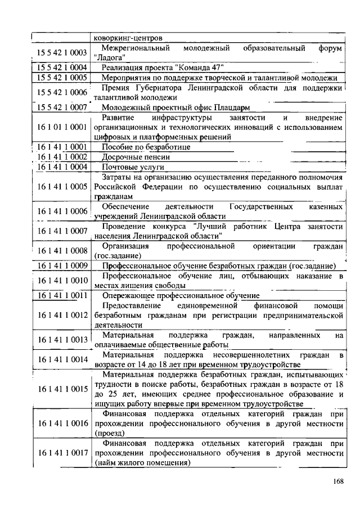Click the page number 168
pyautogui.click(x=337, y=481)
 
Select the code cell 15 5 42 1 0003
pyautogui.click(x=62, y=53)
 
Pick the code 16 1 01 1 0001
pyautogui.click(x=62, y=127)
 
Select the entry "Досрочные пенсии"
pyautogui.click(x=136, y=157)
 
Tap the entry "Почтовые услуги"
pyautogui.click(x=133, y=167)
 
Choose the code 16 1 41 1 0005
pyautogui.click(x=62, y=186)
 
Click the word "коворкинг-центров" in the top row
pyautogui.click(x=128, y=38)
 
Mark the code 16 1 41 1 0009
pyautogui.click(x=62, y=265)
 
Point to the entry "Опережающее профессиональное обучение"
pyautogui.click(x=181, y=295)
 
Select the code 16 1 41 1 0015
pyautogui.click(x=62, y=389)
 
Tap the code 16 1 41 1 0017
pyautogui.click(x=62, y=453)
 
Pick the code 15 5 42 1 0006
pyautogui.click(x=62, y=92)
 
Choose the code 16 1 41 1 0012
pyautogui.click(x=62, y=315)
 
